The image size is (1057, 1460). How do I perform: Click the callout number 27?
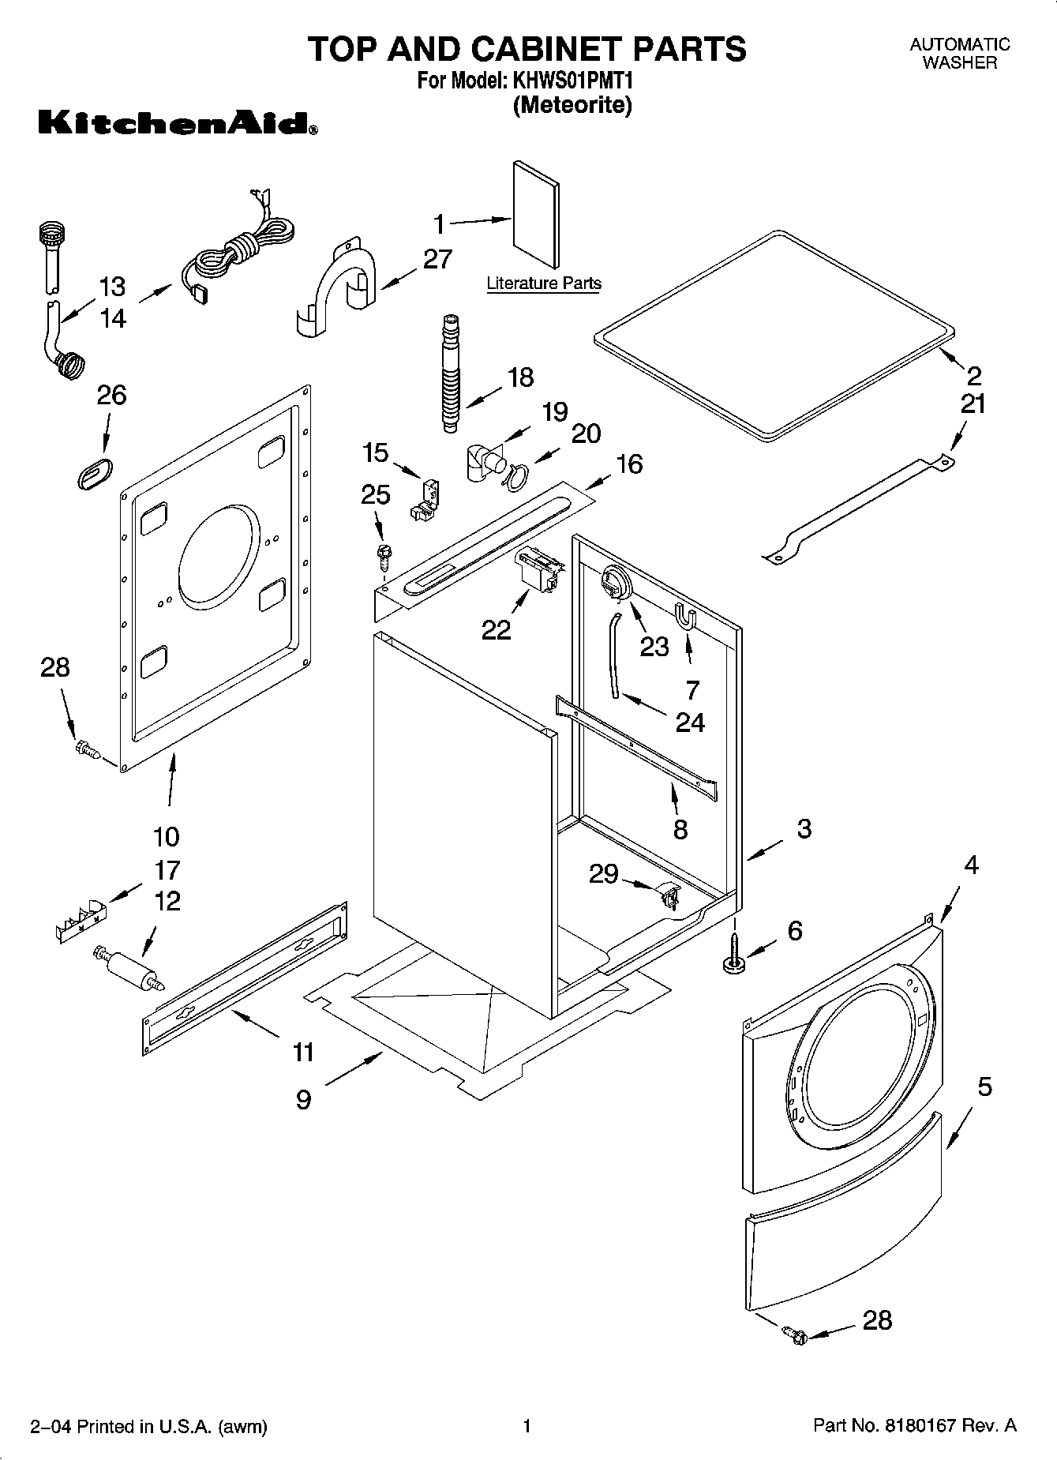[437, 259]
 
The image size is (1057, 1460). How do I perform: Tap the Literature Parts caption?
[543, 283]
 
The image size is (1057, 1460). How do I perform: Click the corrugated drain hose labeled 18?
[450, 373]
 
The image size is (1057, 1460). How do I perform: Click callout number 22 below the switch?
[496, 629]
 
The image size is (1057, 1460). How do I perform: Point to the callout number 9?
[304, 1099]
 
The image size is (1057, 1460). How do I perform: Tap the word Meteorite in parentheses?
[572, 105]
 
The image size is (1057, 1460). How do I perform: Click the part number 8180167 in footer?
[918, 1425]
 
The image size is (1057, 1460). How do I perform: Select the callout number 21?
[973, 404]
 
